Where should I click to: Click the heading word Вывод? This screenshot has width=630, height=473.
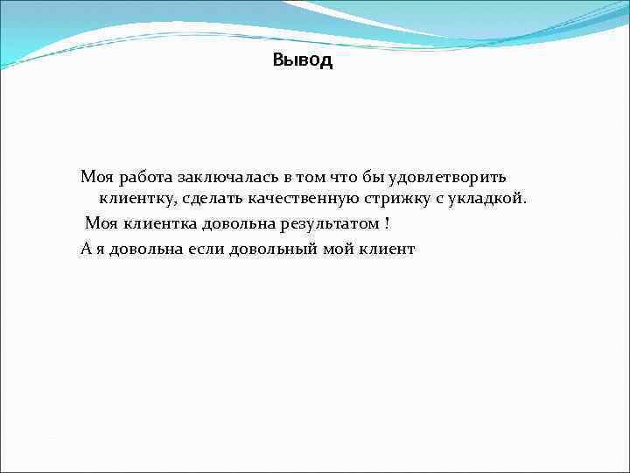click(302, 61)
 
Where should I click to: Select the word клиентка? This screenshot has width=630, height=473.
click(152, 224)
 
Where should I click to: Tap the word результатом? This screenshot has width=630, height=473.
click(329, 224)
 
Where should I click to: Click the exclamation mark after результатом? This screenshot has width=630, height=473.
click(387, 223)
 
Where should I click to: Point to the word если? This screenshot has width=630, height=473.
click(206, 249)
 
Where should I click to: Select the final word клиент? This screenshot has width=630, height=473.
click(387, 249)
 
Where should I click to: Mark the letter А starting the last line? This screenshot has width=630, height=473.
click(86, 249)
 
